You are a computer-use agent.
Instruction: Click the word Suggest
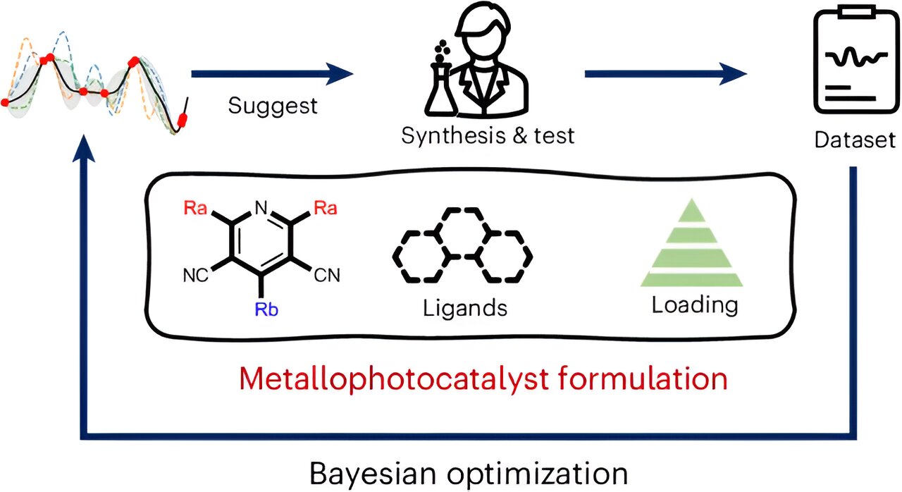pyautogui.click(x=273, y=106)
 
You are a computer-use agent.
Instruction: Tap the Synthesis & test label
pyautogui.click(x=488, y=135)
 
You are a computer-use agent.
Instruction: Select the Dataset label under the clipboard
pyautogui.click(x=855, y=140)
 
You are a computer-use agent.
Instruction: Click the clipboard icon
pyautogui.click(x=855, y=61)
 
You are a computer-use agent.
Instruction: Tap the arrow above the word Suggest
pyautogui.click(x=272, y=74)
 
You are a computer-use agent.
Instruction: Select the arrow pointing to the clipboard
pyautogui.click(x=666, y=74)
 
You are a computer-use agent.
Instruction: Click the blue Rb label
pyautogui.click(x=266, y=309)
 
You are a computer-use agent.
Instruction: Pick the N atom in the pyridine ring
pyautogui.click(x=261, y=208)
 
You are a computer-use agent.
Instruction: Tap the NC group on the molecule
pyautogui.click(x=196, y=276)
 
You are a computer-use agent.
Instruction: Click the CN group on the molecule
pyautogui.click(x=327, y=276)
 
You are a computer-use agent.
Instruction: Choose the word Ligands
pyautogui.click(x=465, y=309)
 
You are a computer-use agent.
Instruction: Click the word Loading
pyautogui.click(x=695, y=306)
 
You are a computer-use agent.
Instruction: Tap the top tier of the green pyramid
pyautogui.click(x=691, y=211)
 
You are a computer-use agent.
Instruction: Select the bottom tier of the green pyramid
pyautogui.click(x=691, y=280)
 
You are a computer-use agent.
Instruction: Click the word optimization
pyautogui.click(x=537, y=474)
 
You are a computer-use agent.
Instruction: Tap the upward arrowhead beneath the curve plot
pyautogui.click(x=84, y=148)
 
